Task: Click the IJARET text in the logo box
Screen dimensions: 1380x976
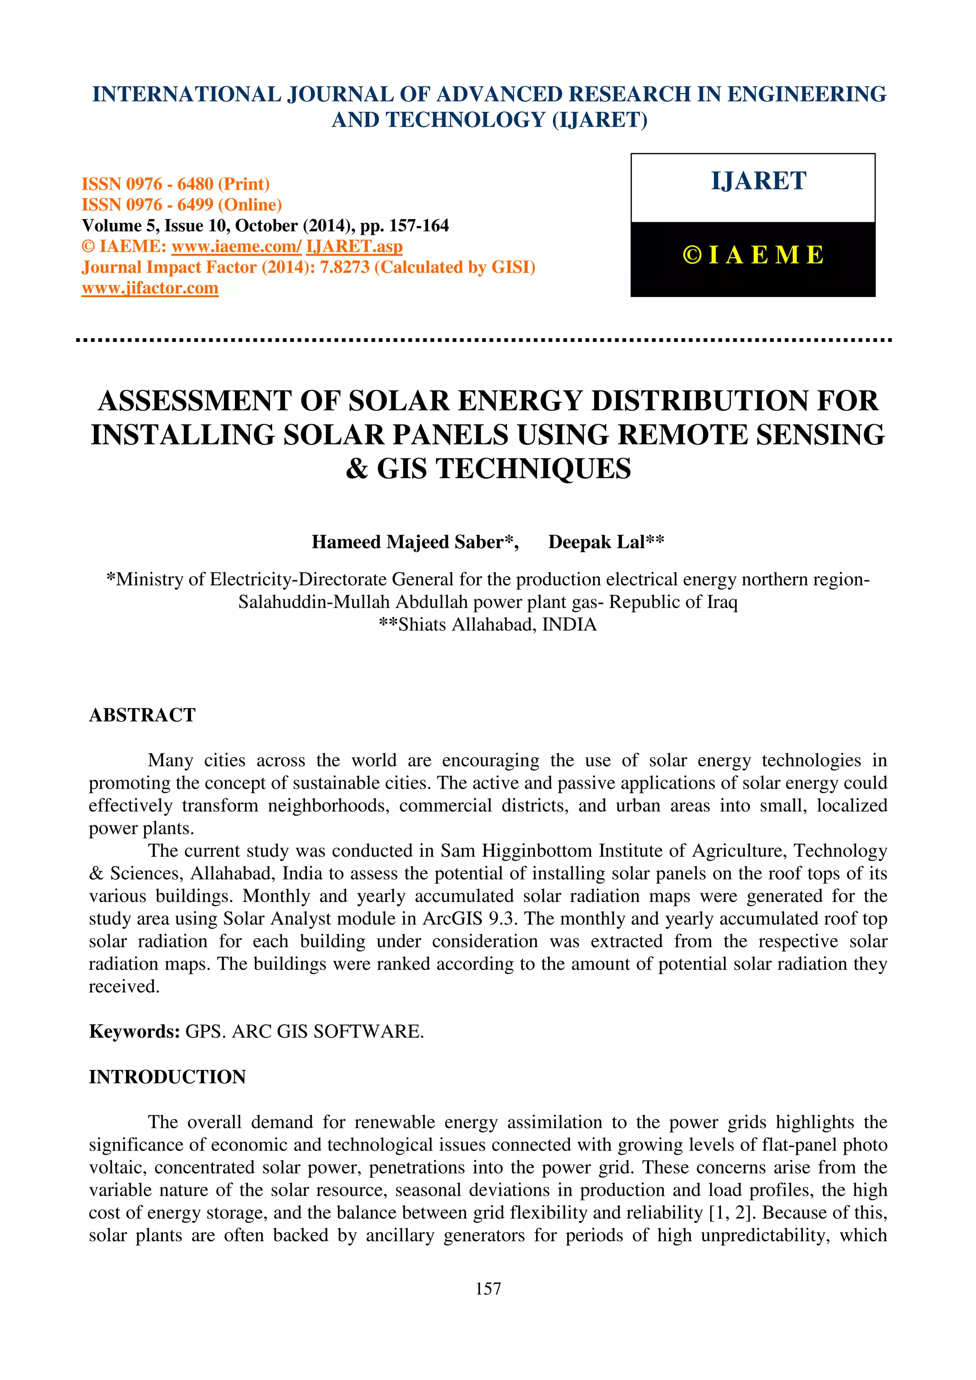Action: pos(758,181)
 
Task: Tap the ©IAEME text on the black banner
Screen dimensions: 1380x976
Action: pos(753,255)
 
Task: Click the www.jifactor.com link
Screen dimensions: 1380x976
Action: pos(150,289)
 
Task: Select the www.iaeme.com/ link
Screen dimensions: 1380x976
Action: pos(236,247)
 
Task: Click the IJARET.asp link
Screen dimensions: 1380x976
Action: pos(354,247)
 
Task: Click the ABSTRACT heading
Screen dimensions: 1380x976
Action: pos(142,715)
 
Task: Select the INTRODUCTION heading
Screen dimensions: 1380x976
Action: pos(167,1077)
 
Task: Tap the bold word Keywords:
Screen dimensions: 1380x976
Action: pos(134,1031)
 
